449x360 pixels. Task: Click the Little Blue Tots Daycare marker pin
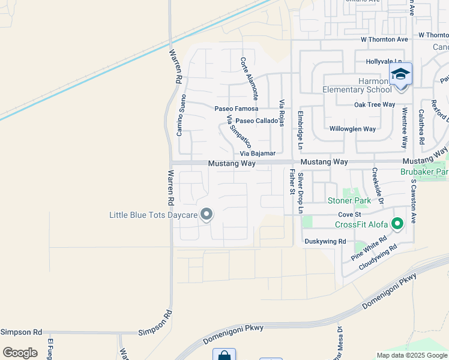tap(206, 214)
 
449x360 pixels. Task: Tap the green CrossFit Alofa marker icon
tap(397, 224)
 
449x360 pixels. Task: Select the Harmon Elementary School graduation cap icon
tap(400, 74)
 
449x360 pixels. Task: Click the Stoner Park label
tap(347, 200)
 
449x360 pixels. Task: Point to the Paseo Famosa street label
tap(237, 109)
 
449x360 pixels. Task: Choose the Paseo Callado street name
tap(256, 121)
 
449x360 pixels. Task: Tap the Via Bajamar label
tap(258, 154)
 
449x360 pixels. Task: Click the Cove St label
tap(349, 214)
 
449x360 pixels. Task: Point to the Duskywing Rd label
tap(325, 241)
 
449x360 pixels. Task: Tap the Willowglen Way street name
tap(352, 129)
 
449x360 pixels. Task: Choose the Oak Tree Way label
tap(375, 104)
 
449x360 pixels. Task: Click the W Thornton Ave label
tap(384, 39)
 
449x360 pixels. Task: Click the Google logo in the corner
tap(20, 352)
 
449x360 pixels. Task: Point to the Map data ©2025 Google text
tap(412, 355)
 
